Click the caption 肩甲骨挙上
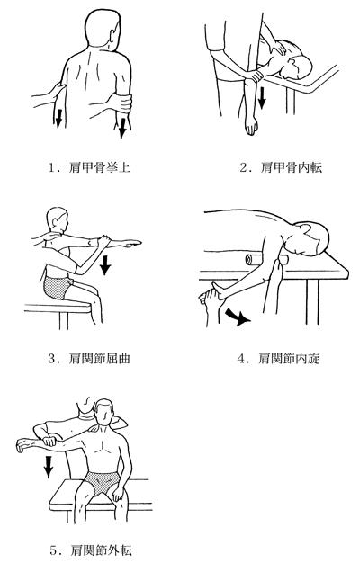[99, 167]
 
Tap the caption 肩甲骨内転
[292, 167]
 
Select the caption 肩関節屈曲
[99, 358]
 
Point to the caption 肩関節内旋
[289, 358]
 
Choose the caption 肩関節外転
[102, 550]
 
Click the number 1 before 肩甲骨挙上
[52, 167]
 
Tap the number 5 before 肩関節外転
[53, 550]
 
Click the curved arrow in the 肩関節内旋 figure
[237, 317]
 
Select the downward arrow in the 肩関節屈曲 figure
[105, 264]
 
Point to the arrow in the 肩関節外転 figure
[49, 466]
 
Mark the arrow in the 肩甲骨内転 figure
[262, 97]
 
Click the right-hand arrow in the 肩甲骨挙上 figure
[123, 128]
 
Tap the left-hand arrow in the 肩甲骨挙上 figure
[58, 118]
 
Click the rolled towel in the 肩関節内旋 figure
[265, 259]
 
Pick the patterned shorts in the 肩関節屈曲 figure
[58, 287]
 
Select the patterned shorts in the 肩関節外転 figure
[102, 483]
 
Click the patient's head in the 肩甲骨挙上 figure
[103, 28]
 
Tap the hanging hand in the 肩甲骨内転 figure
[251, 125]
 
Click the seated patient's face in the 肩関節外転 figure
[105, 414]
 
